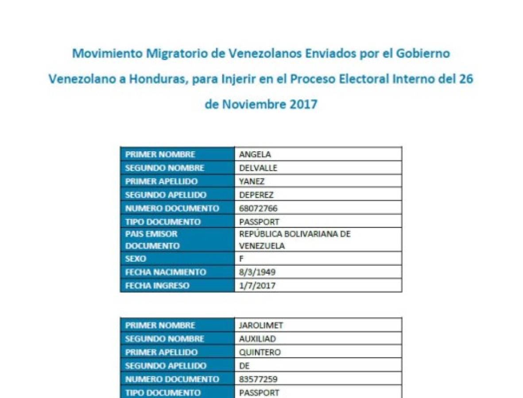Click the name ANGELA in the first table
(x=255, y=154)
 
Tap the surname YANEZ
(x=252, y=181)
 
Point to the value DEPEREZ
(x=256, y=195)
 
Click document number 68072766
(x=258, y=208)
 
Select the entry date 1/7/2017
(x=257, y=286)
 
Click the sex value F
(x=241, y=259)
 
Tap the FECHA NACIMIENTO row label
(x=166, y=272)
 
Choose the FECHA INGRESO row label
(x=157, y=286)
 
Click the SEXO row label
(x=136, y=259)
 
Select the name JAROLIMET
(x=261, y=325)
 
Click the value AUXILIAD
(x=258, y=339)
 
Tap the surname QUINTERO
(x=260, y=352)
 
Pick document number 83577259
(x=258, y=379)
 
